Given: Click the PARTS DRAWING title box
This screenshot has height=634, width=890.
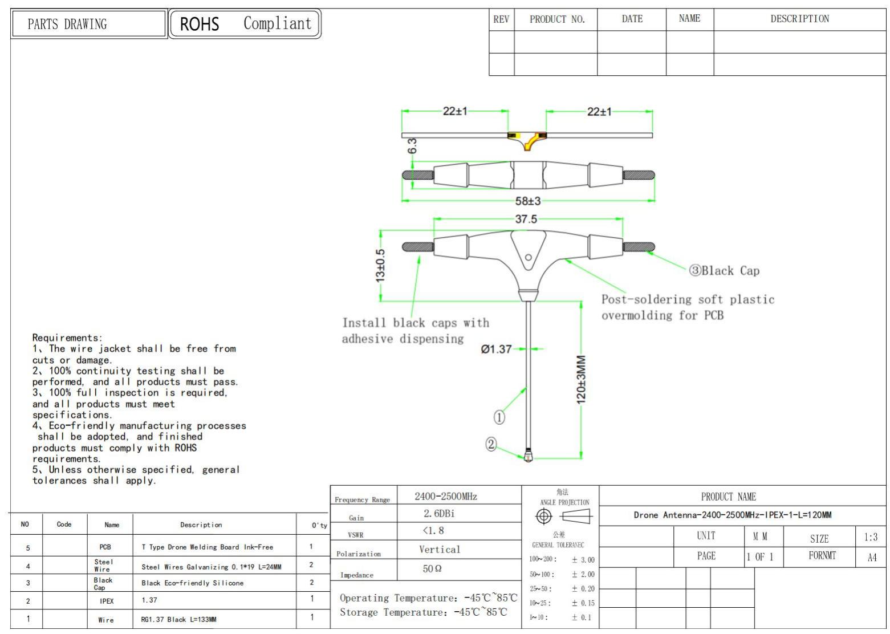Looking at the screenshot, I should (x=89, y=24).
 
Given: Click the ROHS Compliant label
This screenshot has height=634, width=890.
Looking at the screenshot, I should (x=245, y=24).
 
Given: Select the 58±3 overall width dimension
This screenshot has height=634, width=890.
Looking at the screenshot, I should (x=527, y=201).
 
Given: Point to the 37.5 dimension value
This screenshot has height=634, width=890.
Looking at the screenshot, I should (x=526, y=219).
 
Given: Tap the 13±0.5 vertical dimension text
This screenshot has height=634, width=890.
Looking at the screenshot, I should (x=380, y=265).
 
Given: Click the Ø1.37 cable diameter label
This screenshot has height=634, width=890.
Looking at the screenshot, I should (x=496, y=349).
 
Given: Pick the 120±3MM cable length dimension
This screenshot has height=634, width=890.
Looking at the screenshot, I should (x=581, y=379).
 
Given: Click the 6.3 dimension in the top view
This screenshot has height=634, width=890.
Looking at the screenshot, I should (x=412, y=145).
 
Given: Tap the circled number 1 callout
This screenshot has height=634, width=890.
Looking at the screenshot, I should (x=499, y=417).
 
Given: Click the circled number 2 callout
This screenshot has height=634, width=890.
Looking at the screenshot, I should (x=491, y=444).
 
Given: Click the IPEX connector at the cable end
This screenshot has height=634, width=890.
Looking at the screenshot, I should (x=528, y=456).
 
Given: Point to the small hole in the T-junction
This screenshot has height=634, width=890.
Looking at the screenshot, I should (x=529, y=257).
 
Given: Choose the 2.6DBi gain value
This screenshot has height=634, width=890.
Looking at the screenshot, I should (x=439, y=514).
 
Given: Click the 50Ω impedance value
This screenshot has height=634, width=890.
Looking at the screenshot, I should (x=432, y=569).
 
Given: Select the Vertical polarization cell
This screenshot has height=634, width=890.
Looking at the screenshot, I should (x=439, y=550).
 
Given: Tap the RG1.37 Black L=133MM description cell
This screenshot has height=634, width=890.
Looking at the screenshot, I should (x=178, y=619).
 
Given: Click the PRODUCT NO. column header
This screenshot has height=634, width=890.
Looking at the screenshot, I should (x=556, y=19).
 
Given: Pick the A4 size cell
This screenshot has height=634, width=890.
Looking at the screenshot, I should (x=872, y=558).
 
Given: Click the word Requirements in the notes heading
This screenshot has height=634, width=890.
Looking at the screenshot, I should (x=66, y=338).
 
